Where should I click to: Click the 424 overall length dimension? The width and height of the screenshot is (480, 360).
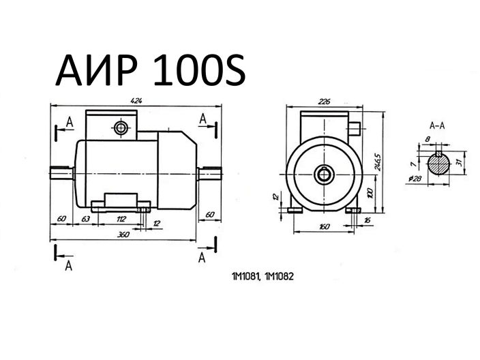(x=137, y=100)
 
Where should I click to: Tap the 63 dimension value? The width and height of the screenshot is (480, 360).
(x=86, y=218)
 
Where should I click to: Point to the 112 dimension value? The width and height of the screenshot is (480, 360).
(x=121, y=218)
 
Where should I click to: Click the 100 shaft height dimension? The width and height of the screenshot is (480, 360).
(x=370, y=193)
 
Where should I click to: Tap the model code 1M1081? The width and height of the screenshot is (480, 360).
(x=245, y=277)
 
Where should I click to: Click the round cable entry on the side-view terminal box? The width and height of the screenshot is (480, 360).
(x=121, y=127)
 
